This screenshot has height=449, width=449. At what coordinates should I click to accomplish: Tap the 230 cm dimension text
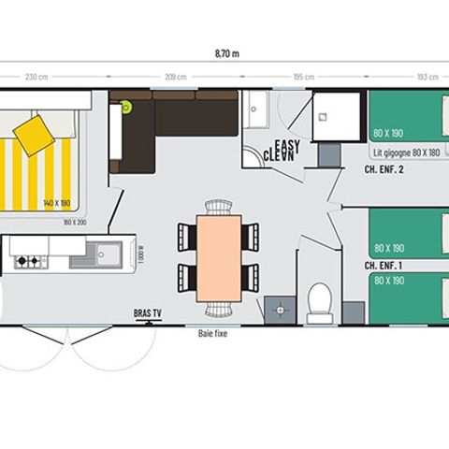point(36,76)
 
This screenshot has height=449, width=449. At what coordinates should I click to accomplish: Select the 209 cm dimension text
point(175,76)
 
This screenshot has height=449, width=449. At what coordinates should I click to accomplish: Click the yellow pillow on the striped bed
point(35,136)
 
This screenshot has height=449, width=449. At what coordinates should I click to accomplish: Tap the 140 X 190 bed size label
point(57,202)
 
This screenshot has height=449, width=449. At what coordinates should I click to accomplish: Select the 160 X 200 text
point(74,222)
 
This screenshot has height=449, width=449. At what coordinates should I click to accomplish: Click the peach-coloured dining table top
point(219,258)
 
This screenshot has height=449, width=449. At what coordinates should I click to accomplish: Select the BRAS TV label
point(147,314)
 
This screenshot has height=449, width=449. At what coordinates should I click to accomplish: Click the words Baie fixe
point(212,333)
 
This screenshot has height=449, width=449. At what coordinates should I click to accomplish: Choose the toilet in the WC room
point(320,301)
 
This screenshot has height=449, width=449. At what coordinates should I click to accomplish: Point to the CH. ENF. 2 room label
point(384,170)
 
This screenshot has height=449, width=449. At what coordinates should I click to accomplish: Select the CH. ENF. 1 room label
point(384,266)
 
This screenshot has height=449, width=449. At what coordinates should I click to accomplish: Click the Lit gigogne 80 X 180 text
point(405,151)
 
